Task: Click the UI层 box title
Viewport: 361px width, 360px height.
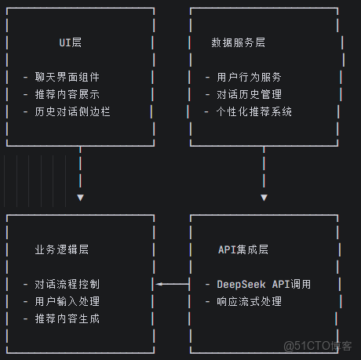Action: (71, 42)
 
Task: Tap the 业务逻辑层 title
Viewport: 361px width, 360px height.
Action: (62, 249)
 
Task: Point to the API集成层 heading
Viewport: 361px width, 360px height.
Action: (243, 249)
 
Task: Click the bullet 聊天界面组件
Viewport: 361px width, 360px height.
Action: (67, 77)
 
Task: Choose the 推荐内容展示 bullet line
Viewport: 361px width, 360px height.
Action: (67, 94)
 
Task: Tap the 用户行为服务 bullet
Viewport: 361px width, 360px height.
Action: (243, 77)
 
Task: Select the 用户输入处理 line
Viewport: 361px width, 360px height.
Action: (67, 301)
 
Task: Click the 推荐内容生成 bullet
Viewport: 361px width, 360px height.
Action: (67, 318)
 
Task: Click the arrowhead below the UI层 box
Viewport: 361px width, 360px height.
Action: (80, 197)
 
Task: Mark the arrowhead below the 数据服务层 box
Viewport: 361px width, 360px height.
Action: (264, 197)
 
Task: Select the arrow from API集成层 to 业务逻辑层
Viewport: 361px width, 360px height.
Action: (173, 284)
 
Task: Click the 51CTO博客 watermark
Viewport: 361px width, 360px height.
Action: (317, 346)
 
